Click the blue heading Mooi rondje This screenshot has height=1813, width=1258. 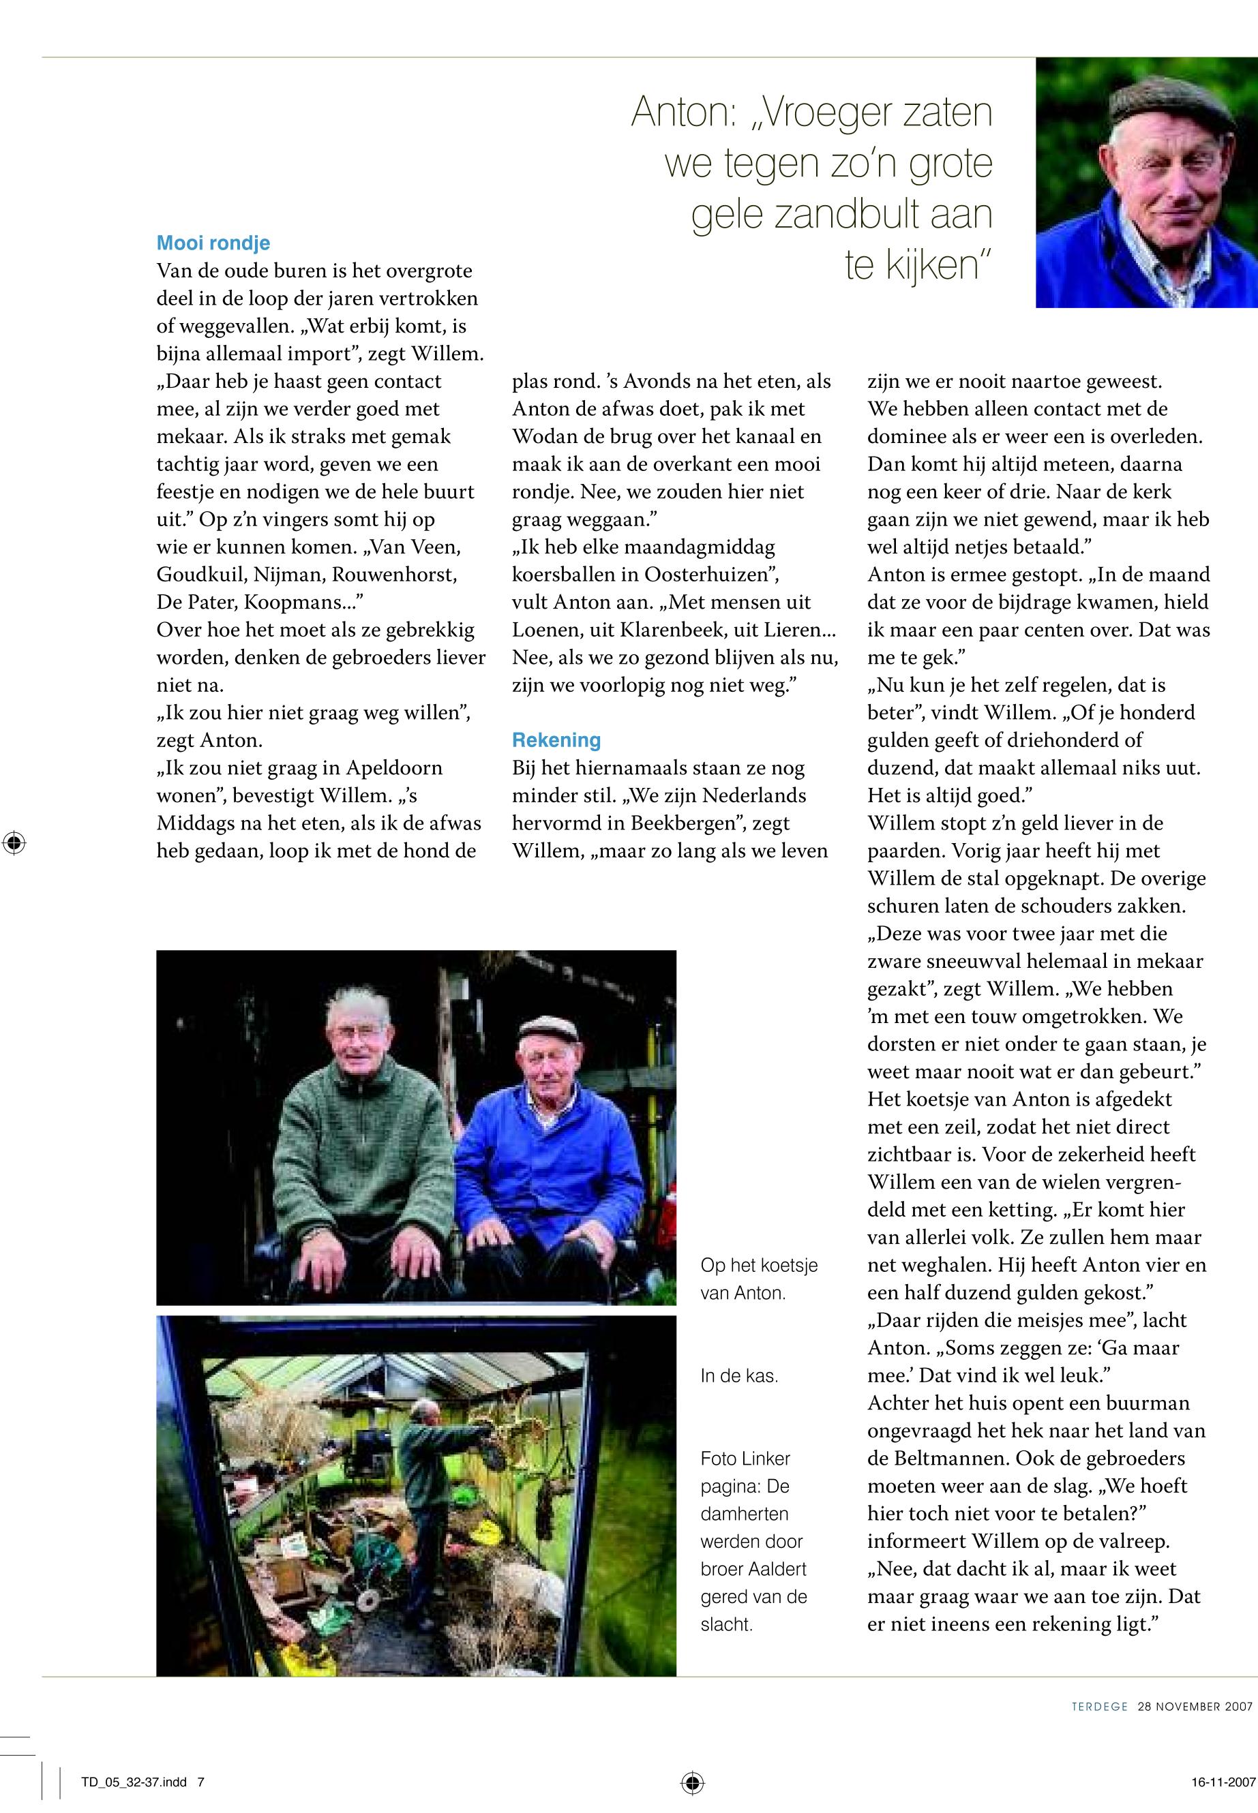point(213,243)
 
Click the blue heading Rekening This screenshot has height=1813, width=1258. point(556,740)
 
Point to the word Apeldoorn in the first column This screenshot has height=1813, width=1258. point(393,767)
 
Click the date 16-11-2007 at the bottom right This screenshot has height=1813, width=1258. point(1223,1782)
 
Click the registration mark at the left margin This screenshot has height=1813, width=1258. point(14,843)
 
